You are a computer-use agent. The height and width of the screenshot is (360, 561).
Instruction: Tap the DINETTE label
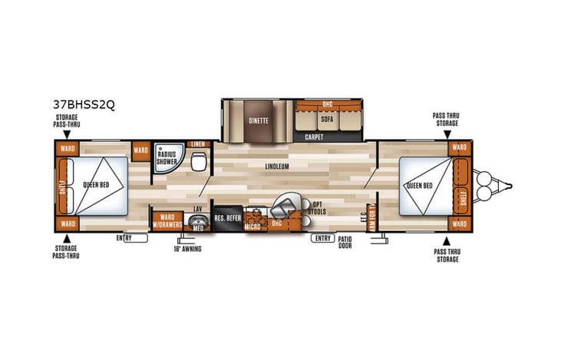point(256,121)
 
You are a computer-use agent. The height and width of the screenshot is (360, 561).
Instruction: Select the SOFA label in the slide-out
point(326,120)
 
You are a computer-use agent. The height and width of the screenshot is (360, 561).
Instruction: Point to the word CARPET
point(314,137)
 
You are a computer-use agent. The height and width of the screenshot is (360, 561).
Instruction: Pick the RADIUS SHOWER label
point(167,157)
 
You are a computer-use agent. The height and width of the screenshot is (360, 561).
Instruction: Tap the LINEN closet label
point(198,144)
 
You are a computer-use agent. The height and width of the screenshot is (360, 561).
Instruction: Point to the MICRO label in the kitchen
point(252,226)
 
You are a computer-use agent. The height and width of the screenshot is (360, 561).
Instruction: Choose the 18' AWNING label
point(187,248)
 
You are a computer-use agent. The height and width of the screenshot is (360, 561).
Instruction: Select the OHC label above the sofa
point(327,104)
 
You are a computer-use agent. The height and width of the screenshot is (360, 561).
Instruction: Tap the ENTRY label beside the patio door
point(322,239)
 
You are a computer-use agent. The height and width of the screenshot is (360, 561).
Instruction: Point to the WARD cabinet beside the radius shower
point(140,149)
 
